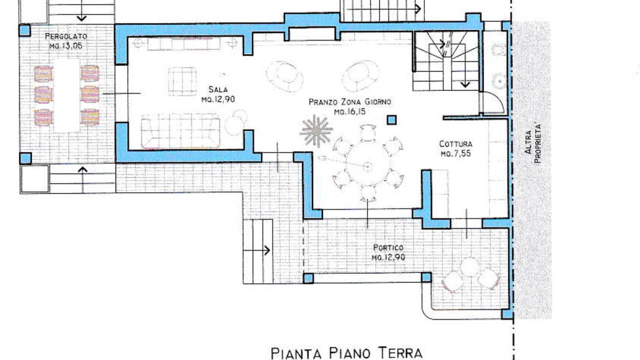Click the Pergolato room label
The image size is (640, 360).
click(66, 36)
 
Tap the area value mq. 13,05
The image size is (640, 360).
click(65, 45)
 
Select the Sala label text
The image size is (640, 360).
click(218, 89)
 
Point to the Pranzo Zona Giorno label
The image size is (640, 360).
click(350, 102)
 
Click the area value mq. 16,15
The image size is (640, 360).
click(349, 111)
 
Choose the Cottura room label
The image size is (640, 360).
click(455, 143)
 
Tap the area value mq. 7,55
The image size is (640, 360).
click(455, 153)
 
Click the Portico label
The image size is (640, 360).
click(388, 247)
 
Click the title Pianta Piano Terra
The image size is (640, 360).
click(346, 353)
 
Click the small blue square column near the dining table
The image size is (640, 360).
click(391, 120)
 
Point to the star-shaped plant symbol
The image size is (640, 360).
click(316, 131)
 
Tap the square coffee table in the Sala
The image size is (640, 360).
click(182, 81)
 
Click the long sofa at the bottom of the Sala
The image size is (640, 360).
click(180, 131)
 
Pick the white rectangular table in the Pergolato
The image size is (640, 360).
click(67, 95)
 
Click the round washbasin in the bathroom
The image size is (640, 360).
click(500, 81)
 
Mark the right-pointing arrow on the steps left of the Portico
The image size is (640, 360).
click(256, 250)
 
